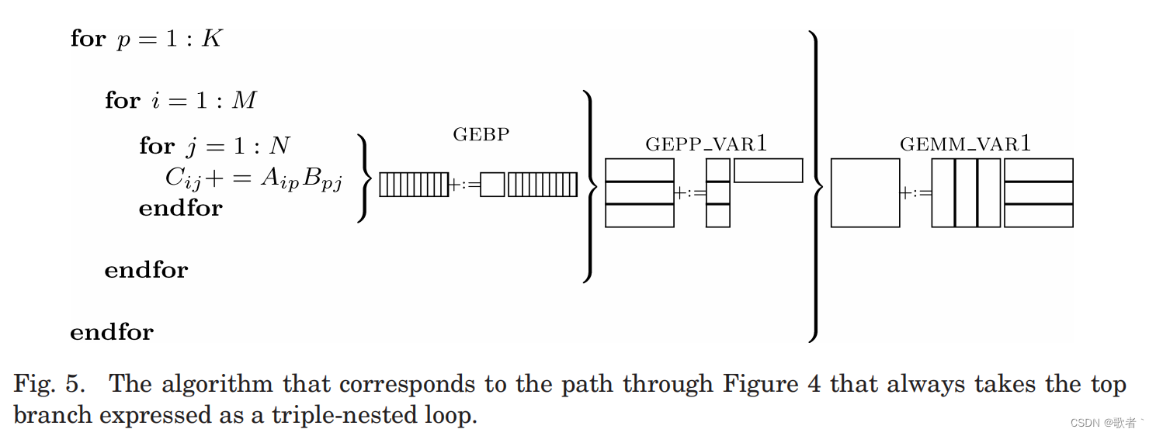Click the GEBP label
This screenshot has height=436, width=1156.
tap(481, 134)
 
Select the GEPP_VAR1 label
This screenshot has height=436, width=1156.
tap(706, 144)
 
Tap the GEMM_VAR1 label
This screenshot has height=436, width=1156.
tap(965, 144)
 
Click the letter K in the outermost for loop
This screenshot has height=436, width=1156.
tap(212, 39)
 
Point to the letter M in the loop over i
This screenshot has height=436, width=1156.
tap(245, 101)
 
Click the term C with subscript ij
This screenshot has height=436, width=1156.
tap(182, 178)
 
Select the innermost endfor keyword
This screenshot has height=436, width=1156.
tap(180, 208)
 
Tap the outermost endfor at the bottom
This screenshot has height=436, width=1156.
tap(112, 332)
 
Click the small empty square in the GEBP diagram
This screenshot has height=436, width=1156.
tap(492, 185)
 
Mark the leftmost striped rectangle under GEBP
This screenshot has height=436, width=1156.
tap(414, 185)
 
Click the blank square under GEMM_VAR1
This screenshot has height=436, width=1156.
tap(865, 192)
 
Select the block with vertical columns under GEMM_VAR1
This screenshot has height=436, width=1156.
tap(966, 192)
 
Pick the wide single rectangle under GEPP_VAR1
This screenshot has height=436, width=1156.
tap(768, 171)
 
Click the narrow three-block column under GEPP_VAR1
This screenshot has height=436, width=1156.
tap(717, 192)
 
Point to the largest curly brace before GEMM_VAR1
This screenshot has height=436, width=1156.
tap(814, 186)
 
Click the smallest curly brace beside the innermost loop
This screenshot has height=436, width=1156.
tap(362, 178)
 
